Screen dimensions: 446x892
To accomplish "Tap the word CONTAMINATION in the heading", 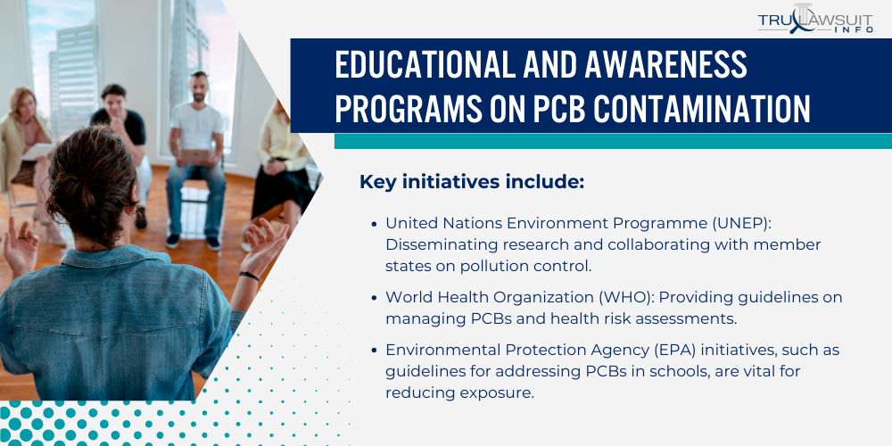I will (702, 109).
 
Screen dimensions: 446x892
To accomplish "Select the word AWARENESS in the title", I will (658, 66).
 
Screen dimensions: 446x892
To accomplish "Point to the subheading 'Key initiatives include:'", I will (471, 182).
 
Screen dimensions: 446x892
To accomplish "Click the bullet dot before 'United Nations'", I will (374, 223).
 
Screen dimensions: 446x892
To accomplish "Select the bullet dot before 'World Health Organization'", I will (374, 297).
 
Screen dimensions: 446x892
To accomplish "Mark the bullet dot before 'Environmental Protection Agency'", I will (374, 350).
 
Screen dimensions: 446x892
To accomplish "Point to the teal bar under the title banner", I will (613, 141).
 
